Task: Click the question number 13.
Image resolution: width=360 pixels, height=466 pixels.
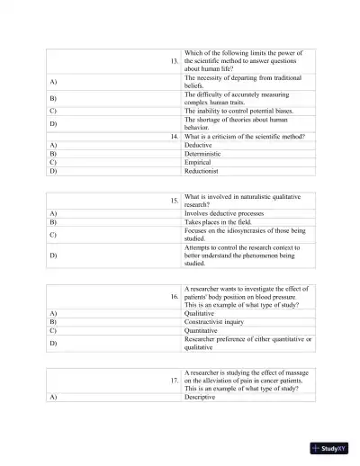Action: point(174,60)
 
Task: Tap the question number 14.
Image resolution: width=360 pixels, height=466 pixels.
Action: point(174,136)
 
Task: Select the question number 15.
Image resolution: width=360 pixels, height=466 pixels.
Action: point(174,201)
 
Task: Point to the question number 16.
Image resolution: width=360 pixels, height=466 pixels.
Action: point(174,296)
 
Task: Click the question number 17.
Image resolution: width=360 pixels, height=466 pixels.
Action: point(174,381)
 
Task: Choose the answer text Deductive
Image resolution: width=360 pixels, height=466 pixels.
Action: point(198,144)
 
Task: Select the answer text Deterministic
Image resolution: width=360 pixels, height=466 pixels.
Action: point(203,153)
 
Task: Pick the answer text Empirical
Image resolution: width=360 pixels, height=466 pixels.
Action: point(199,161)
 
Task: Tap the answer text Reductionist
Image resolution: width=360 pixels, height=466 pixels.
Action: point(202,170)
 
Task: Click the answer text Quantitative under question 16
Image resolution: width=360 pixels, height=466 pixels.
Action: point(206,330)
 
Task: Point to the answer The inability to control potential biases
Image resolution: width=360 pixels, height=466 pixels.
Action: point(243,111)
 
